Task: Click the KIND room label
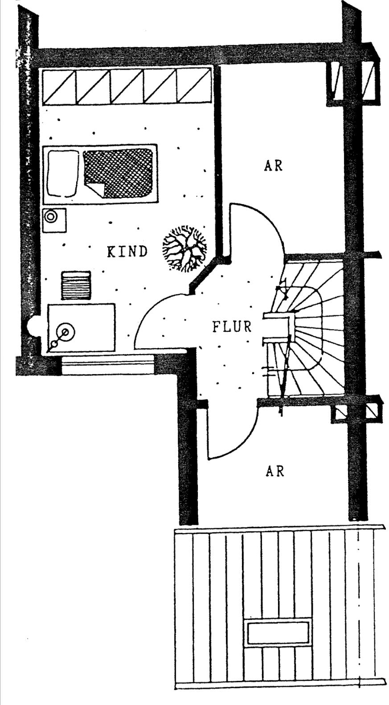click(127, 252)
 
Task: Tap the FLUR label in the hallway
click(232, 327)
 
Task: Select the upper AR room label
click(273, 165)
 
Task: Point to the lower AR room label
click(274, 471)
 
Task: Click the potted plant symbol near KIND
click(184, 249)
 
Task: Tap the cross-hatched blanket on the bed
click(119, 173)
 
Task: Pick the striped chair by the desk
click(76, 285)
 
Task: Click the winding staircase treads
click(312, 330)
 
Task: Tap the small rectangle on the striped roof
click(278, 633)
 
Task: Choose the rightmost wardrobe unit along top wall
click(194, 86)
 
